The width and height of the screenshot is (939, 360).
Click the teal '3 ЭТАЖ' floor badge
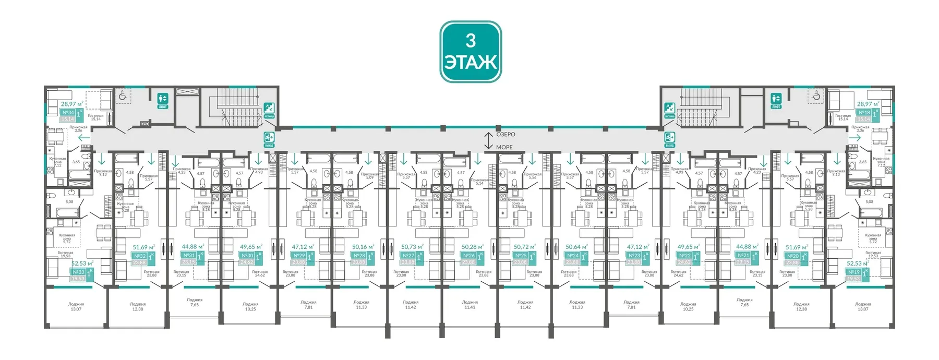tap(471, 52)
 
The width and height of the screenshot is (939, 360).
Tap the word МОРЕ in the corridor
tap(504, 147)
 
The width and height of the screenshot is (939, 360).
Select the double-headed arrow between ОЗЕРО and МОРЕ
tap(488, 141)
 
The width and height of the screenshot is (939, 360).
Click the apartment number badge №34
tap(68, 113)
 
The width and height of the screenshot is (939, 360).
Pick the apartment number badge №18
tap(864, 113)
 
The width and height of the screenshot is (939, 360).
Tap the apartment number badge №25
tap(521, 256)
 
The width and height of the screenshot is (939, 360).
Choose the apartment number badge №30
tap(247, 256)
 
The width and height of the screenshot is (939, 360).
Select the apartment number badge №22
tap(684, 256)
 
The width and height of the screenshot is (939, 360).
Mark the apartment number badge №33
tap(78, 272)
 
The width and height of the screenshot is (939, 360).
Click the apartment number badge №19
tap(853, 272)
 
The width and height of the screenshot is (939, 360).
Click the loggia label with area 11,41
tap(469, 305)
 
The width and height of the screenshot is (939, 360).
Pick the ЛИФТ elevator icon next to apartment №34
tap(163, 100)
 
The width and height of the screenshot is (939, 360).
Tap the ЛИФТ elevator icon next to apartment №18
tap(776, 100)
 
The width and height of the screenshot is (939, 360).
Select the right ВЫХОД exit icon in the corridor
tap(669, 139)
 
